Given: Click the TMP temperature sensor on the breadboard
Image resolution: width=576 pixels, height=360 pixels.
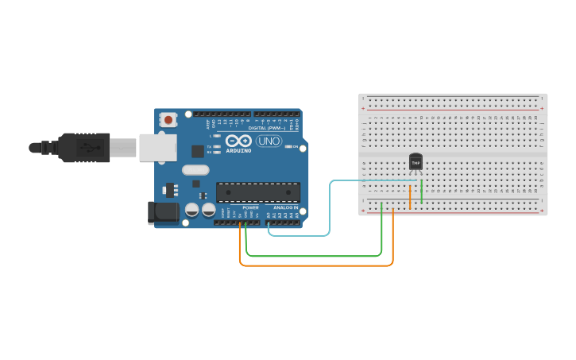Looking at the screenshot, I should tap(415, 162).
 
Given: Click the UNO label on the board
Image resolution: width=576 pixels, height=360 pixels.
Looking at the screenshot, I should tap(269, 141).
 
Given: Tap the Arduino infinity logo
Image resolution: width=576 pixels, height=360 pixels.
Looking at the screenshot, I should tap(238, 141).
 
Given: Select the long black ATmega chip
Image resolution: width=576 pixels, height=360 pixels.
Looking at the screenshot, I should tap(258, 192).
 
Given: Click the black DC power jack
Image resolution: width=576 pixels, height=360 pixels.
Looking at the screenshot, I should tap(164, 211).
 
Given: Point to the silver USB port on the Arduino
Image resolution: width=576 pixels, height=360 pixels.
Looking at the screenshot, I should tap(157, 147).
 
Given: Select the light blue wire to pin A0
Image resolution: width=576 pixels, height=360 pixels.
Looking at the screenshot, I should tap(329, 208).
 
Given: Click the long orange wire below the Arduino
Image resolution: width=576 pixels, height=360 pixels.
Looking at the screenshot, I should tap(318, 265).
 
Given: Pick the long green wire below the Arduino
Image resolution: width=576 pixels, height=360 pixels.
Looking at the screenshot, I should tap(318, 256).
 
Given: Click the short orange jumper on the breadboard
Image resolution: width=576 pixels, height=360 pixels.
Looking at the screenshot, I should tap(410, 195).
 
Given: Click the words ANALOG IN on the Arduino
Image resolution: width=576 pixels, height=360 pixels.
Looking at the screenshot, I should tap(286, 207).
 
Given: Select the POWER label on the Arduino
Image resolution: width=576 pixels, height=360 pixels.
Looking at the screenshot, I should tap(250, 207).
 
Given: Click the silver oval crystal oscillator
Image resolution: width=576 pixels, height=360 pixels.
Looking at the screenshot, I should tap(195, 169).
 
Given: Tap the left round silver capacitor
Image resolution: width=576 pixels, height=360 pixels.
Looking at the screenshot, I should tap(192, 210).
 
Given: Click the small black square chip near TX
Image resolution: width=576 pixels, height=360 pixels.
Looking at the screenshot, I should tap(198, 151).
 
